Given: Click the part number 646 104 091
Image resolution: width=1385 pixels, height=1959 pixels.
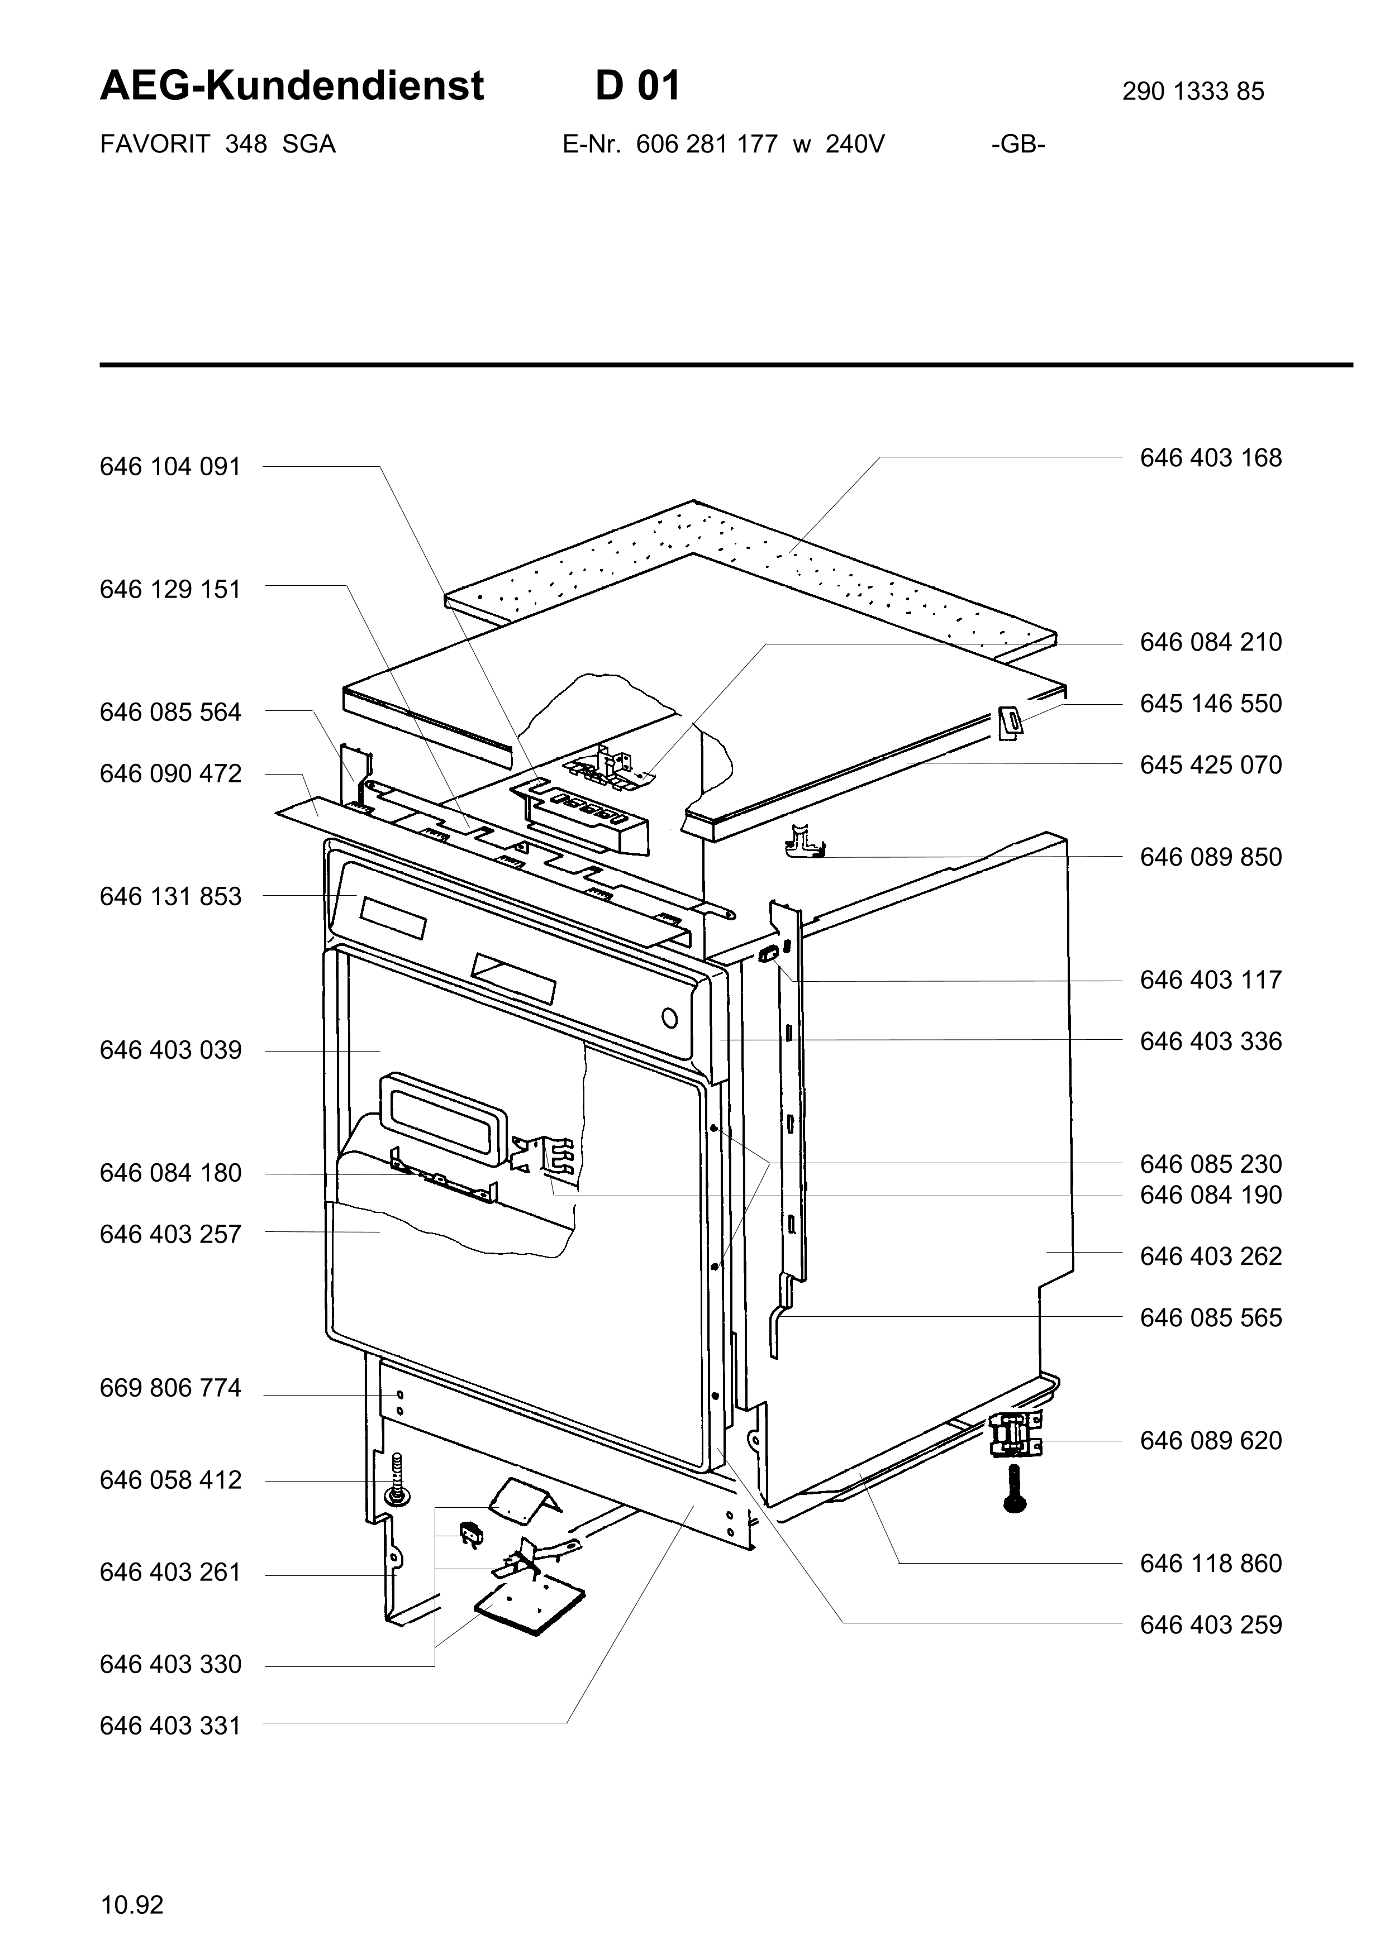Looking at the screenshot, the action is [170, 467].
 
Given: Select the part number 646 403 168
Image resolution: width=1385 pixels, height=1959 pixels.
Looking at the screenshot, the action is [1211, 458].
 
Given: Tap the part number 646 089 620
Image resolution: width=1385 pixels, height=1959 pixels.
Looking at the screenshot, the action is [1211, 1441].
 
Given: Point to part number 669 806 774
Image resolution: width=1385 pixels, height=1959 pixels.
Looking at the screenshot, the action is [170, 1389].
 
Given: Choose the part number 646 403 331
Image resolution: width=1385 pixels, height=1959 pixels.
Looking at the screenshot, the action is [170, 1726].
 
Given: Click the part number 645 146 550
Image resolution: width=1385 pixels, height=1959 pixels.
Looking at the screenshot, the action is [1211, 704].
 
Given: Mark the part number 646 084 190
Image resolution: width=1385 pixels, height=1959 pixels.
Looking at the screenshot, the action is [1211, 1196].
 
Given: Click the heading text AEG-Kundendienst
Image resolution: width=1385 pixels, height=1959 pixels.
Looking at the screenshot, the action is [292, 86].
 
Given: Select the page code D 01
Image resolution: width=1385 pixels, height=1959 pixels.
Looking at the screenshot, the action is [637, 86].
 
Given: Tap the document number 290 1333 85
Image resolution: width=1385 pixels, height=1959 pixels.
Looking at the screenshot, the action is [1193, 91].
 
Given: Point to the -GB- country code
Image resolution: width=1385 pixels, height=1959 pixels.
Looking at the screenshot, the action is [1018, 144].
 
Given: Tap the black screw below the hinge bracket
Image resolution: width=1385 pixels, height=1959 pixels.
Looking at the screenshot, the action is [1015, 1489].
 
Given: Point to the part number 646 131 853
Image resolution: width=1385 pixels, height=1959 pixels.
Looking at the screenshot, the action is [170, 897].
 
